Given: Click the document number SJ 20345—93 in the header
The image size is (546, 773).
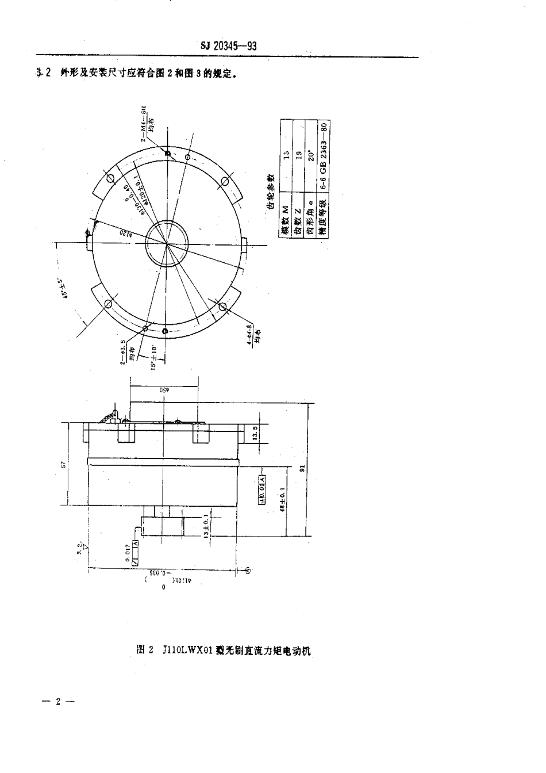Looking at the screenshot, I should click(229, 47).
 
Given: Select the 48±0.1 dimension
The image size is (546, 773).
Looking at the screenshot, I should click(282, 499).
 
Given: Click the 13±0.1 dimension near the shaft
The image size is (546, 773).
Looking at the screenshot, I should click(206, 525).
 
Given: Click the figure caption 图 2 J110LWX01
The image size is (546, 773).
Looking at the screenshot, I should click(224, 650).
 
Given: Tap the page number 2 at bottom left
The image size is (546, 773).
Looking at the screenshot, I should click(57, 701).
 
